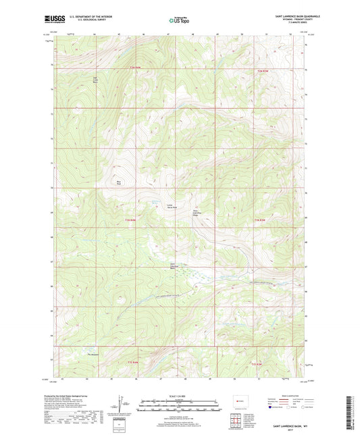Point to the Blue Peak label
click(x=120, y=180)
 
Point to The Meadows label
click(x=92, y=354)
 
